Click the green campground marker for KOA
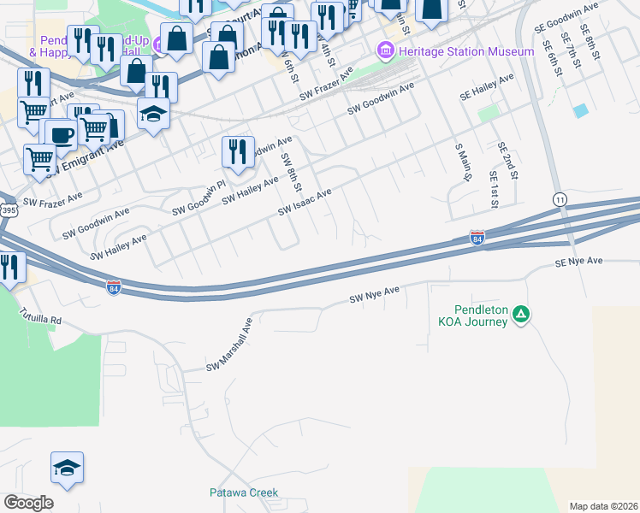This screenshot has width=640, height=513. pos(521,315)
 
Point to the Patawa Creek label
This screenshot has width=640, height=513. pos(244,492)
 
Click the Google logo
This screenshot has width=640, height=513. pos(28,503)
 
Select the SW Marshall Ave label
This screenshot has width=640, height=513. pos(230,345)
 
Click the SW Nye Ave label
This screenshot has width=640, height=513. pos(375,296)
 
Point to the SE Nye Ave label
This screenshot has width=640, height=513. pos(578,261)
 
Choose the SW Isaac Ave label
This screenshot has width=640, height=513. pos(305,203)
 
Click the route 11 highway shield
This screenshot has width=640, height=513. pos(560,198)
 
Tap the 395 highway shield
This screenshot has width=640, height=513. pos(7,209)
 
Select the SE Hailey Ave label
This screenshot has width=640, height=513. pos(486,88)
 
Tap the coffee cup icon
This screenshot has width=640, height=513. pos(60,135)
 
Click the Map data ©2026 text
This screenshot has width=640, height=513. pos(603,506)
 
